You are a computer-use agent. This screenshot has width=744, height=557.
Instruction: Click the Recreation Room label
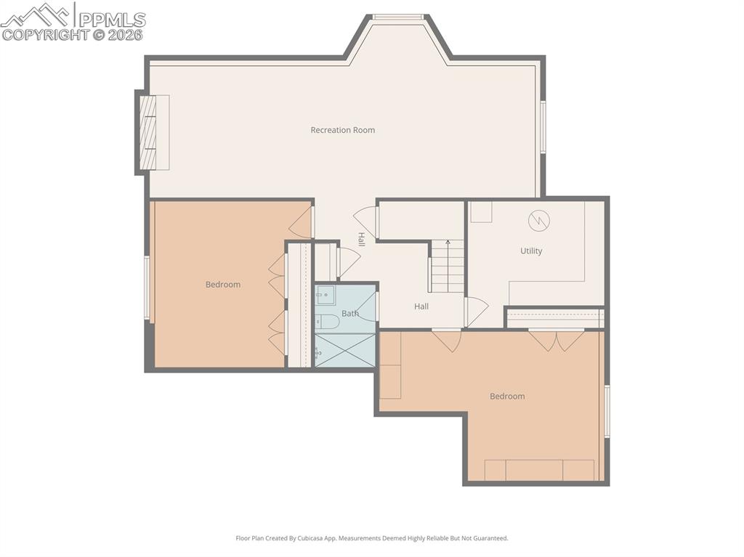pyautogui.click(x=342, y=130)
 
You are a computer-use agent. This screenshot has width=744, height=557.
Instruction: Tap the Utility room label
pyautogui.click(x=531, y=251)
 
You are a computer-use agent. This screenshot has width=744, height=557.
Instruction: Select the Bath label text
pyautogui.click(x=349, y=314)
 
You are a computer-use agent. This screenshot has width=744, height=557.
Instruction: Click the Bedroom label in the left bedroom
pyautogui.click(x=222, y=285)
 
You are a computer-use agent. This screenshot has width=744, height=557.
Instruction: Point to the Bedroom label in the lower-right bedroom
pyautogui.click(x=507, y=397)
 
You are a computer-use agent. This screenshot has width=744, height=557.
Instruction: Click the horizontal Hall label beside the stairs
pyautogui.click(x=421, y=306)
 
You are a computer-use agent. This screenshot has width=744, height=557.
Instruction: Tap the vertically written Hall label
pyautogui.click(x=361, y=239)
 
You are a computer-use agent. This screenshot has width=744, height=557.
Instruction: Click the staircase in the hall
pyautogui.click(x=447, y=267)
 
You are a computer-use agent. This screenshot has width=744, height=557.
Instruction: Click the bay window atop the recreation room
pyautogui.click(x=397, y=17)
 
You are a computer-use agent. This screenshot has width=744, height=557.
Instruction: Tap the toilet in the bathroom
pyautogui.click(x=328, y=322)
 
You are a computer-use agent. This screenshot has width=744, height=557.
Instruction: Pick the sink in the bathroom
pyautogui.click(x=325, y=296)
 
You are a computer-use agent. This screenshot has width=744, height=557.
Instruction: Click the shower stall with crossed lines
pyautogui.click(x=346, y=350)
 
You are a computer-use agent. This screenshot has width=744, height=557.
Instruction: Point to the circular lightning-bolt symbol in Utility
pyautogui.click(x=539, y=219)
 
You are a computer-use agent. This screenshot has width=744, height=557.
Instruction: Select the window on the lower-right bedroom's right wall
pyautogui.click(x=607, y=411)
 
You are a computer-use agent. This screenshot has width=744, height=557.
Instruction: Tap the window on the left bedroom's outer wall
pyautogui.click(x=147, y=288)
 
